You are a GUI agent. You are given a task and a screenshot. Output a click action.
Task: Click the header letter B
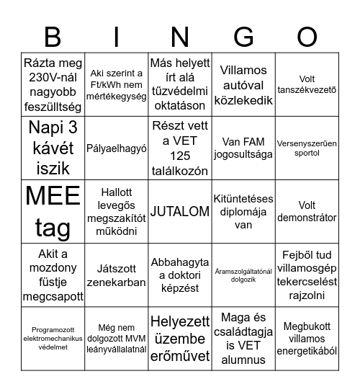pyautogui.click(x=53, y=37)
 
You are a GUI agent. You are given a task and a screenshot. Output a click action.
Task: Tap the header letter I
pyautogui.click(x=117, y=37)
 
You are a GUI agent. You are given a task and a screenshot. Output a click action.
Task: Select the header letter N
pyautogui.click(x=180, y=37)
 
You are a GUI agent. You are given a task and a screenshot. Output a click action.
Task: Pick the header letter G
pyautogui.click(x=244, y=37)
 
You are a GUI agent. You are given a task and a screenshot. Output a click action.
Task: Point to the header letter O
pyautogui.click(x=307, y=37)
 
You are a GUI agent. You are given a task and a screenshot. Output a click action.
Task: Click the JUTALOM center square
pyautogui.click(x=180, y=212)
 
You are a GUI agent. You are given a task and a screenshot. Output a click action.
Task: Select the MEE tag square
pyautogui.click(x=53, y=212)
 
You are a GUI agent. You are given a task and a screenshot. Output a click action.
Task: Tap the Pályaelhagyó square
pyautogui.click(x=117, y=148)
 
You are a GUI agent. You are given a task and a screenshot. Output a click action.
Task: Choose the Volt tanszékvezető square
pyautogui.click(x=307, y=85)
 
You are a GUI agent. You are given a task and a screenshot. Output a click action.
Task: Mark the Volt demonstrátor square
pyautogui.click(x=307, y=212)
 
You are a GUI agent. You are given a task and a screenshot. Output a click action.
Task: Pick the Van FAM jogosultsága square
pyautogui.click(x=244, y=148)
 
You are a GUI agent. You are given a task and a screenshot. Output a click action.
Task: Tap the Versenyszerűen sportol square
pyautogui.click(x=307, y=148)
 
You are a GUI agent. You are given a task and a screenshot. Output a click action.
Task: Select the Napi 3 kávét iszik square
pyautogui.click(x=53, y=148)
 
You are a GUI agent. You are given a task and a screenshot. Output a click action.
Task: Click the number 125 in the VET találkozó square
pyautogui.click(x=180, y=156)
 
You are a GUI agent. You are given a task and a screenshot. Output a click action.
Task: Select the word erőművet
pyautogui.click(x=180, y=355)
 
